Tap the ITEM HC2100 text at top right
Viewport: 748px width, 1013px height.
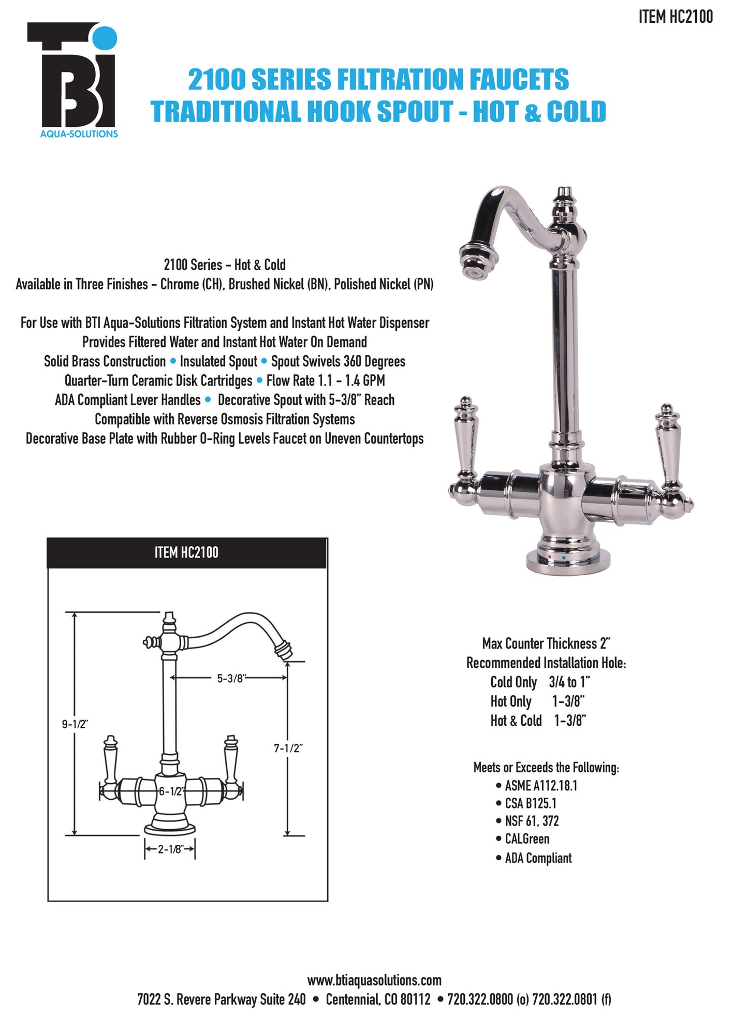tap(675, 17)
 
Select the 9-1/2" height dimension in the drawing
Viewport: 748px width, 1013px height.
tap(75, 724)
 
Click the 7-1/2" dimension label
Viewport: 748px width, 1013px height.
tap(288, 748)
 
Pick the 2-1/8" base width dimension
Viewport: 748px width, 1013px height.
tap(169, 849)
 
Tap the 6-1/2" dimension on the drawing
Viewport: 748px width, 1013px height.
tap(171, 791)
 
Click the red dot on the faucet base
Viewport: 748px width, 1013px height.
tap(549, 557)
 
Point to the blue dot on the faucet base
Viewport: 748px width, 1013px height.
tap(563, 559)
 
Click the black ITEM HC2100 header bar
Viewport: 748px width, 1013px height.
tap(186, 553)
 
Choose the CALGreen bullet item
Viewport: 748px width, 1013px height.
tap(527, 839)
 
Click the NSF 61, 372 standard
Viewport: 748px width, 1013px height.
tap(532, 821)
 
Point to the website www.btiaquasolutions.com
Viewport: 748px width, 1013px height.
tap(374, 980)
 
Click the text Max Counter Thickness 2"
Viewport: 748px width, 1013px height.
tap(546, 643)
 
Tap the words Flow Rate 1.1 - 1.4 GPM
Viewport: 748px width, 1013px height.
tap(326, 381)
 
